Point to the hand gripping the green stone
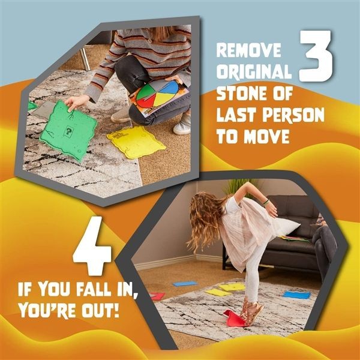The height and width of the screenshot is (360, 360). (x=74, y=103)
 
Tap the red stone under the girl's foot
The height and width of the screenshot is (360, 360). (x=237, y=318)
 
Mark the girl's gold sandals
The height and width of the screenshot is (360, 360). (x=251, y=313)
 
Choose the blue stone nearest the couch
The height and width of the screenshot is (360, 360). (x=296, y=295)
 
